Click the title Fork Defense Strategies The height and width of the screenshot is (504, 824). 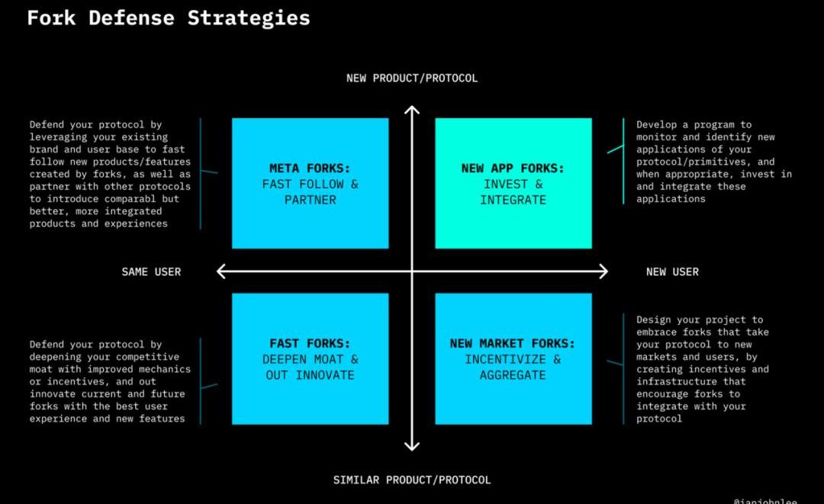[169, 18]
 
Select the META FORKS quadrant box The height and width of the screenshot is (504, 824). [310, 183]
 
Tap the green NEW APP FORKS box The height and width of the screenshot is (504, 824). [513, 183]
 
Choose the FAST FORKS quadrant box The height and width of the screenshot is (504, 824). [310, 358]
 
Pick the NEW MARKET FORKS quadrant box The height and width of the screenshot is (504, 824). [513, 358]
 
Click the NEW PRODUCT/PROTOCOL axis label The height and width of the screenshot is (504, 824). [412, 78]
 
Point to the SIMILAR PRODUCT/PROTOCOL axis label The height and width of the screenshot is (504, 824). [412, 480]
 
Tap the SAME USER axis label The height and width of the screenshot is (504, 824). [151, 271]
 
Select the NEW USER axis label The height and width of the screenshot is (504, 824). [672, 271]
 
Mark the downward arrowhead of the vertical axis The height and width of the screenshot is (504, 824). [412, 447]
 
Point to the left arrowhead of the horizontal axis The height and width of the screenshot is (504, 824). [221, 271]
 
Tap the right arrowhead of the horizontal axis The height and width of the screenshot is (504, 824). [604, 271]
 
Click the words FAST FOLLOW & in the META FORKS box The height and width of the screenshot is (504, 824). [310, 185]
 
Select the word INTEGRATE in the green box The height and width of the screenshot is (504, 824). [513, 201]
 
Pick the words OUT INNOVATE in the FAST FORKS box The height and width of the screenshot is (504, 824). [310, 375]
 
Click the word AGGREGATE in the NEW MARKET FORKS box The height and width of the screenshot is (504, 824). [513, 375]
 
